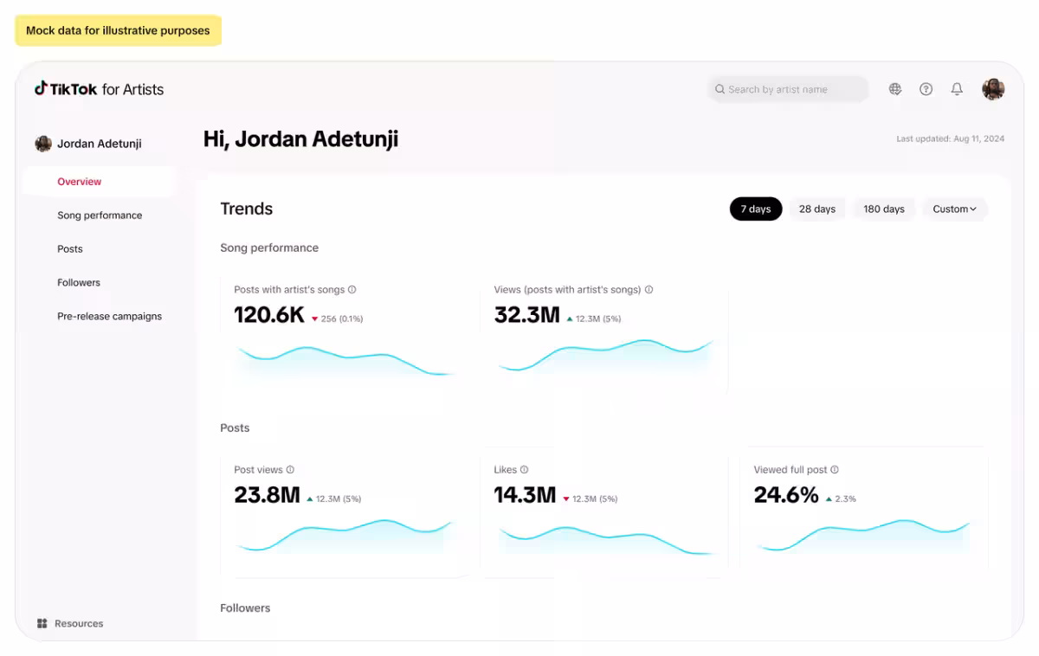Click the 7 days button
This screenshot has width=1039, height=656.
pyautogui.click(x=755, y=209)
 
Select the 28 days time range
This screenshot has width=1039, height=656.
pyautogui.click(x=816, y=209)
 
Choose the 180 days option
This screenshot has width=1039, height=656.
pyautogui.click(x=883, y=209)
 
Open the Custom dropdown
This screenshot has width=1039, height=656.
pyautogui.click(x=954, y=209)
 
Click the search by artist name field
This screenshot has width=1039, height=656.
pyautogui.click(x=787, y=89)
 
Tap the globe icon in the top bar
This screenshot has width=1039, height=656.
pyautogui.click(x=895, y=89)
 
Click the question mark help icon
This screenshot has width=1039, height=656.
pyautogui.click(x=926, y=89)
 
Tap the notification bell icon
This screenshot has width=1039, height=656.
pyautogui.click(x=957, y=89)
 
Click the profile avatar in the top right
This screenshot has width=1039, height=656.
pyautogui.click(x=993, y=89)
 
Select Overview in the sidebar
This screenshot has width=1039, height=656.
pyautogui.click(x=80, y=182)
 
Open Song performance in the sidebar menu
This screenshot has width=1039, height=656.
pyautogui.click(x=100, y=215)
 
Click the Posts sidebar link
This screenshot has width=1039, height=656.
pyautogui.click(x=70, y=249)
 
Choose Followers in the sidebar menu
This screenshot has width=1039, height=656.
pyautogui.click(x=79, y=283)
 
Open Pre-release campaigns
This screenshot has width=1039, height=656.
pyautogui.click(x=109, y=317)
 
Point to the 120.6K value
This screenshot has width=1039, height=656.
pyautogui.click(x=269, y=315)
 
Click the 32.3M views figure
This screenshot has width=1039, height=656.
pyautogui.click(x=526, y=315)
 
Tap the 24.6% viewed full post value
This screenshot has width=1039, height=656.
pyautogui.click(x=785, y=495)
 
